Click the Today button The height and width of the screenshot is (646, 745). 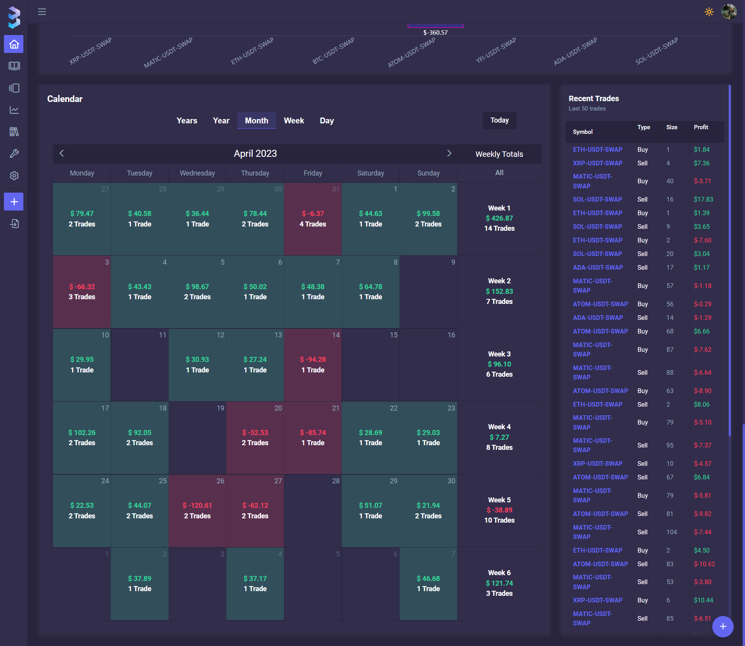coord(499,120)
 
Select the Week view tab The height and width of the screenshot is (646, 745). coord(294,121)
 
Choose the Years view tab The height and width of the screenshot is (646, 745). coord(187,121)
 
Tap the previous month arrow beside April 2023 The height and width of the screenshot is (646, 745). coord(62,153)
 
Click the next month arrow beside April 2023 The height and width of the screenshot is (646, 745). coord(449,153)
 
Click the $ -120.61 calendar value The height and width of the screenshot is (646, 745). coord(197,505)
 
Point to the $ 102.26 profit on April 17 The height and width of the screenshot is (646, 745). coord(82,432)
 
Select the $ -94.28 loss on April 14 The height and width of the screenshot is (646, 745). coord(313,359)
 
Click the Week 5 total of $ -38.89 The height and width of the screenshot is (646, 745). coord(499,510)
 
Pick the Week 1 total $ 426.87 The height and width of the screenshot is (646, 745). coord(499,218)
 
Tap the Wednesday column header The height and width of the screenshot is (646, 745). coord(197,173)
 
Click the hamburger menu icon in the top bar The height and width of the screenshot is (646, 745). coord(42,12)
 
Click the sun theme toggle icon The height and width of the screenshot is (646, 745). coord(709,12)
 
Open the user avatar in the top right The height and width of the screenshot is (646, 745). coord(729,12)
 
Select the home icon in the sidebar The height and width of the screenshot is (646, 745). coord(14,44)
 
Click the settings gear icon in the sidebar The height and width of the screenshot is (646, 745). coord(14,176)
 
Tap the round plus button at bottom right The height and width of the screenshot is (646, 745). coord(723,627)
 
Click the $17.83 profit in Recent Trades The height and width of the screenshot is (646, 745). coord(703,199)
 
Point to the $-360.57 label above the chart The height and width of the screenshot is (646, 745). coord(435,33)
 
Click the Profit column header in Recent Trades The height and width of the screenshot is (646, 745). coord(701,127)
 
